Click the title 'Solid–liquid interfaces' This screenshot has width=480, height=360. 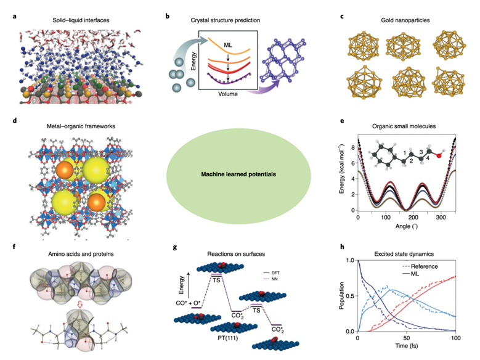click(63, 20)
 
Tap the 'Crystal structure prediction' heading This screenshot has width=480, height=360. click(225, 20)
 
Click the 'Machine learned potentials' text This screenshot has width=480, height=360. click(239, 174)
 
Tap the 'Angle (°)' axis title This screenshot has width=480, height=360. click(409, 227)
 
